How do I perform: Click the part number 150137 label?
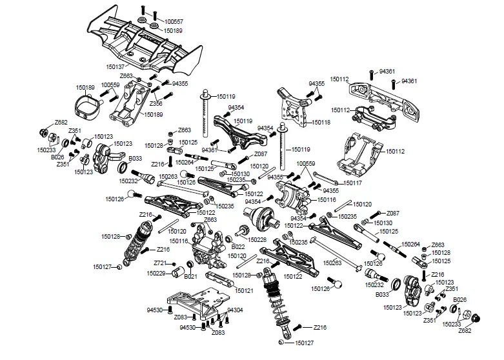pyautogui.click(x=116, y=66)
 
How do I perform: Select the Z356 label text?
pyautogui.click(x=156, y=103)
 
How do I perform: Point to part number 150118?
pyautogui.click(x=321, y=121)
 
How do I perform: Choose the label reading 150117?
pyautogui.click(x=353, y=183)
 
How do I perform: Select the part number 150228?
pyautogui.click(x=257, y=240)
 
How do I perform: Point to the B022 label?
pyautogui.click(x=238, y=246)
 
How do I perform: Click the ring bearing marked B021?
pyautogui.click(x=191, y=265)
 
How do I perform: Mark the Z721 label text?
pyautogui.click(x=161, y=263)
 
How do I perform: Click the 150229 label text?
pyautogui.click(x=157, y=273)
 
